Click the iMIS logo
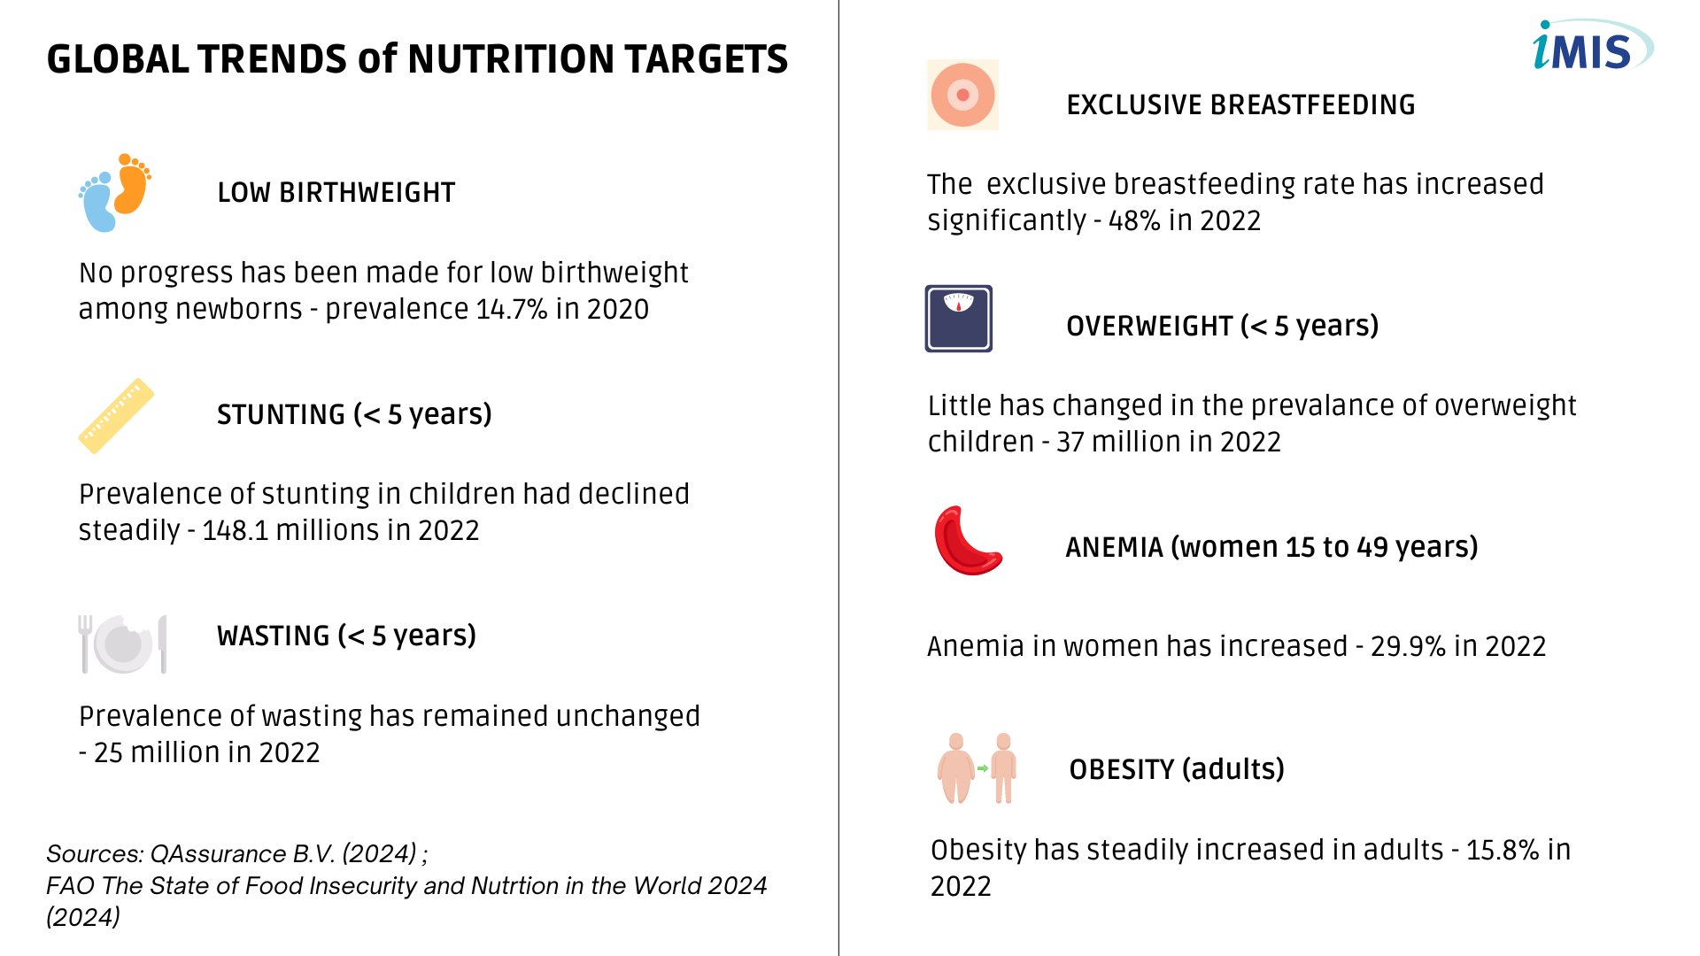click(x=1592, y=46)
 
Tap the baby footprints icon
click(x=115, y=192)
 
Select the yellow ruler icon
click(x=116, y=416)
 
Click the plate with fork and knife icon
click(x=122, y=644)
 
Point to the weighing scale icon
click(x=959, y=319)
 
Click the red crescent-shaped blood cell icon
click(x=968, y=541)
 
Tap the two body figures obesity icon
click(x=977, y=767)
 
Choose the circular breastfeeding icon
click(x=962, y=95)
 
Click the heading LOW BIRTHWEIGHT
click(x=336, y=193)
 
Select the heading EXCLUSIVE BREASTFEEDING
click(x=1240, y=105)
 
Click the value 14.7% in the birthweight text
click(x=512, y=309)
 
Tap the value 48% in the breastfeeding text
click(x=1134, y=220)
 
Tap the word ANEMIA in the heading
click(x=1114, y=547)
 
